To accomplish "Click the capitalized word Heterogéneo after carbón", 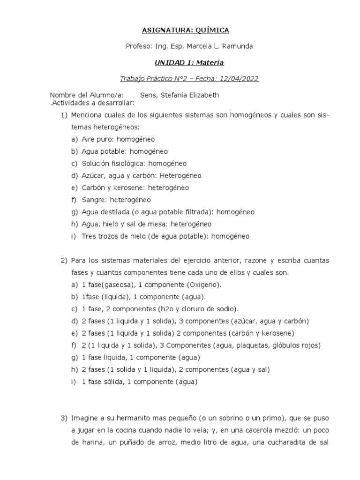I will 180,175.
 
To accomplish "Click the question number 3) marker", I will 64,418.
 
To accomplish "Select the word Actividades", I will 69,103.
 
